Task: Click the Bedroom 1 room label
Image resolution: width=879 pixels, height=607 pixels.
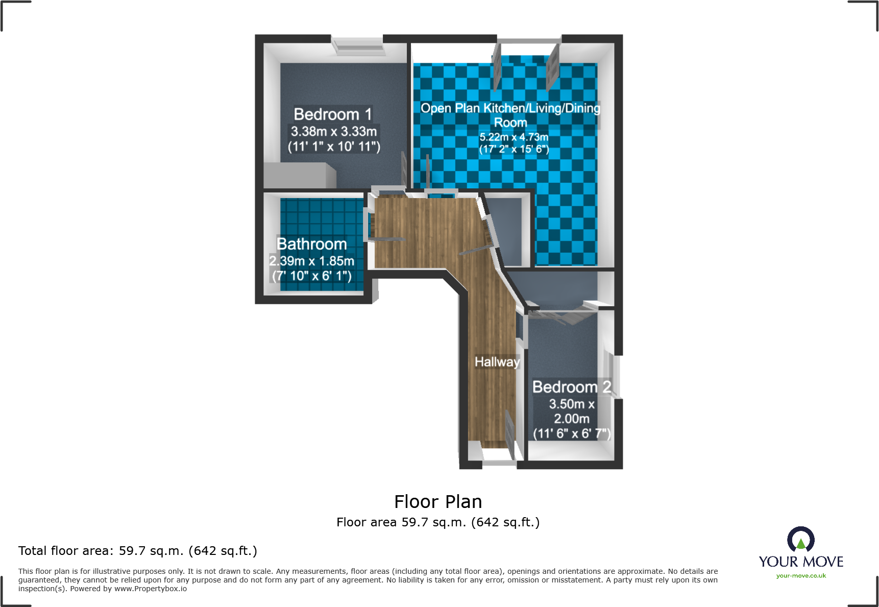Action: (332, 114)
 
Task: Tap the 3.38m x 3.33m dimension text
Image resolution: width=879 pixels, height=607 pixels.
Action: (333, 132)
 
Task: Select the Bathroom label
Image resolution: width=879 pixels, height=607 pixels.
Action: (311, 244)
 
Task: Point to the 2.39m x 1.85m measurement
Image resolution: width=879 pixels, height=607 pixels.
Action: (311, 261)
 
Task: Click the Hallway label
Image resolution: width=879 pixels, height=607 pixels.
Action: (497, 362)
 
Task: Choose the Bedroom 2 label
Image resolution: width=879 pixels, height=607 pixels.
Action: (571, 387)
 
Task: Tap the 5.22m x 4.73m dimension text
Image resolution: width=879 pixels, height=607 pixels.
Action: (514, 137)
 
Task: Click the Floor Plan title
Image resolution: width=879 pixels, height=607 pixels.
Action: (438, 502)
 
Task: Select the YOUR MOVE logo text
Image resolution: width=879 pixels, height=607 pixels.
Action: (800, 562)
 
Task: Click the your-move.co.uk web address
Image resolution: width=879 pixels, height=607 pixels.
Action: (800, 576)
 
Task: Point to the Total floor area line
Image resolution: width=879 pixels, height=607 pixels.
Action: (138, 551)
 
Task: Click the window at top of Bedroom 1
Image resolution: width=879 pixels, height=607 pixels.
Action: (357, 46)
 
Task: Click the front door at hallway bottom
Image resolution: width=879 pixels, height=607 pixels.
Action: (499, 462)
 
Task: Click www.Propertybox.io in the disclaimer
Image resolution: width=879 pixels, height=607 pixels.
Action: (151, 589)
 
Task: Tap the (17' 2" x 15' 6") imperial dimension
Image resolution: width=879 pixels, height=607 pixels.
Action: (514, 150)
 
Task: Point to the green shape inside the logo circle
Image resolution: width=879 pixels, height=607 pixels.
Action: (800, 544)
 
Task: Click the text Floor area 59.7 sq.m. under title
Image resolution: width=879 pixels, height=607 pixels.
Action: (438, 522)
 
